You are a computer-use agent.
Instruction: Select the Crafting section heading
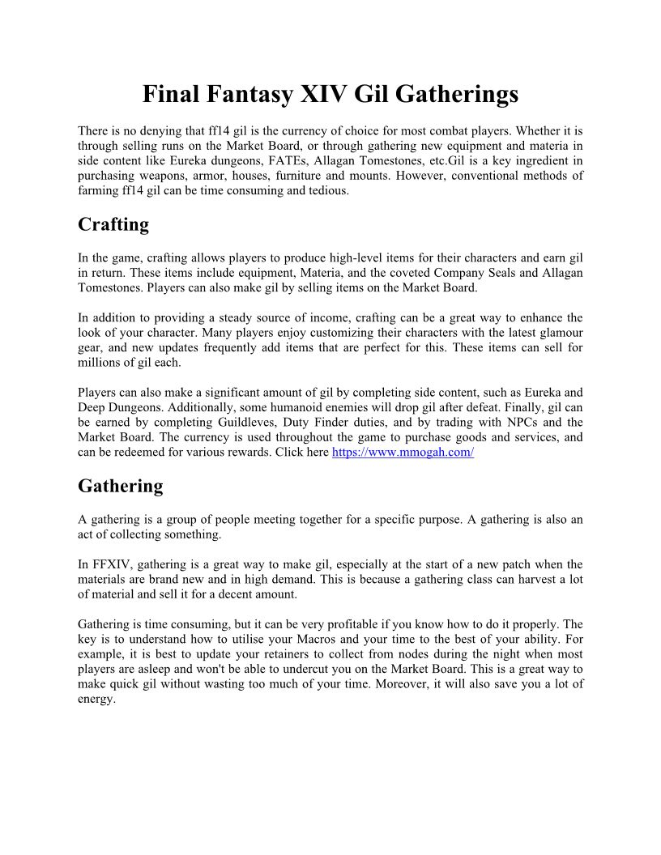(x=113, y=225)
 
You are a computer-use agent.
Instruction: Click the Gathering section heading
(x=120, y=486)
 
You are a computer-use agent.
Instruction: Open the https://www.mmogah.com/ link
(x=403, y=452)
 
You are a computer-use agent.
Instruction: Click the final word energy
(x=96, y=699)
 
